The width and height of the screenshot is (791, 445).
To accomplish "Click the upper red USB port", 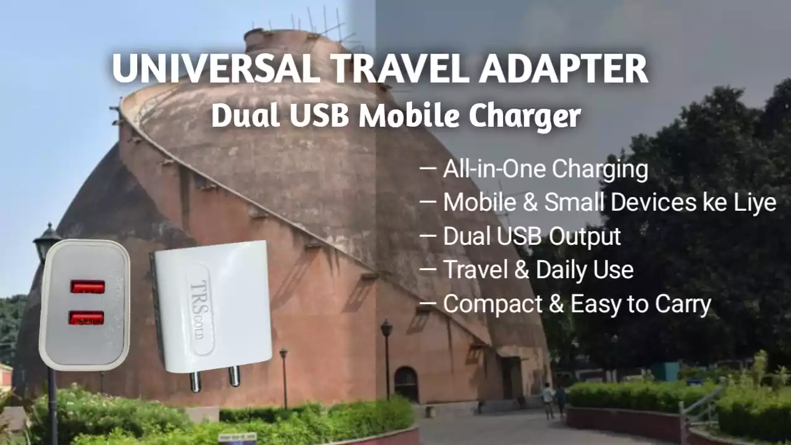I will coord(87,287).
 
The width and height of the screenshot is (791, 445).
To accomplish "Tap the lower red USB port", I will coord(86,318).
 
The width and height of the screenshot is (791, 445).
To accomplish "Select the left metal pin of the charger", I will coord(195,381).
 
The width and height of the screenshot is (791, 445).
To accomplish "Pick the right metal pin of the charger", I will coord(234,375).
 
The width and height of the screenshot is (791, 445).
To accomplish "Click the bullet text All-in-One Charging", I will coord(545,169).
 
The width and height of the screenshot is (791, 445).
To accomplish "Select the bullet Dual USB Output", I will coord(531,236).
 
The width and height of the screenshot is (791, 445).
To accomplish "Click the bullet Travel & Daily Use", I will coord(538,269).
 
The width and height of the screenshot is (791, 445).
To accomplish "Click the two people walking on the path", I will coord(554,399).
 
